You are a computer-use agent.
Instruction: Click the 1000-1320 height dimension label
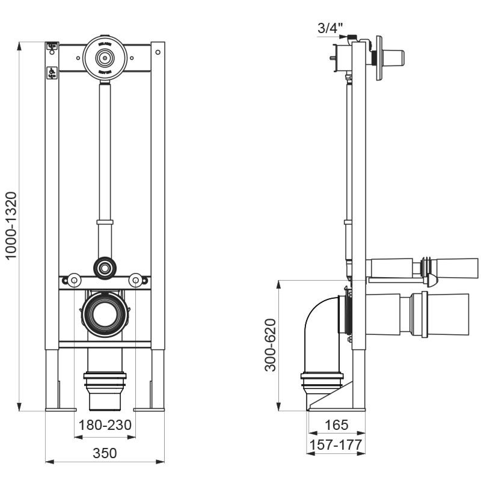[x=13, y=225]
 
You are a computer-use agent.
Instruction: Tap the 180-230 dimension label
[x=105, y=426]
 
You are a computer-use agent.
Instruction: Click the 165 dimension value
[x=337, y=425]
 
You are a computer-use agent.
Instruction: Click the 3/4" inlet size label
[x=330, y=27]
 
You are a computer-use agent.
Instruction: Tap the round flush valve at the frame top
[x=105, y=58]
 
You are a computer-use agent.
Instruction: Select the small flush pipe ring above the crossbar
[x=105, y=266]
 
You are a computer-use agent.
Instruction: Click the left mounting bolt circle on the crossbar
[x=74, y=280]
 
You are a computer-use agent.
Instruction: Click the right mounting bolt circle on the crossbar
[x=136, y=280]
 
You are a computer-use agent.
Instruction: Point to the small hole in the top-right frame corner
[x=158, y=52]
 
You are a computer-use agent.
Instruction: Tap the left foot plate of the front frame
[x=60, y=409]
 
